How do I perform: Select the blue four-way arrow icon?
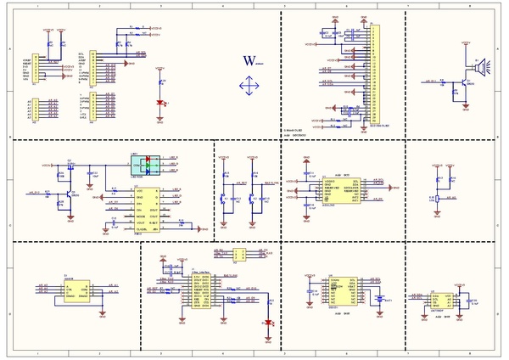[x=249, y=86]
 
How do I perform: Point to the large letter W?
[x=249, y=60]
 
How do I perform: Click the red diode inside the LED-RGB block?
[x=148, y=158]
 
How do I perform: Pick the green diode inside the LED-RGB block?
[x=148, y=165]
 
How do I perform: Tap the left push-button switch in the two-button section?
[x=223, y=200]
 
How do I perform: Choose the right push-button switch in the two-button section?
[x=253, y=200]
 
